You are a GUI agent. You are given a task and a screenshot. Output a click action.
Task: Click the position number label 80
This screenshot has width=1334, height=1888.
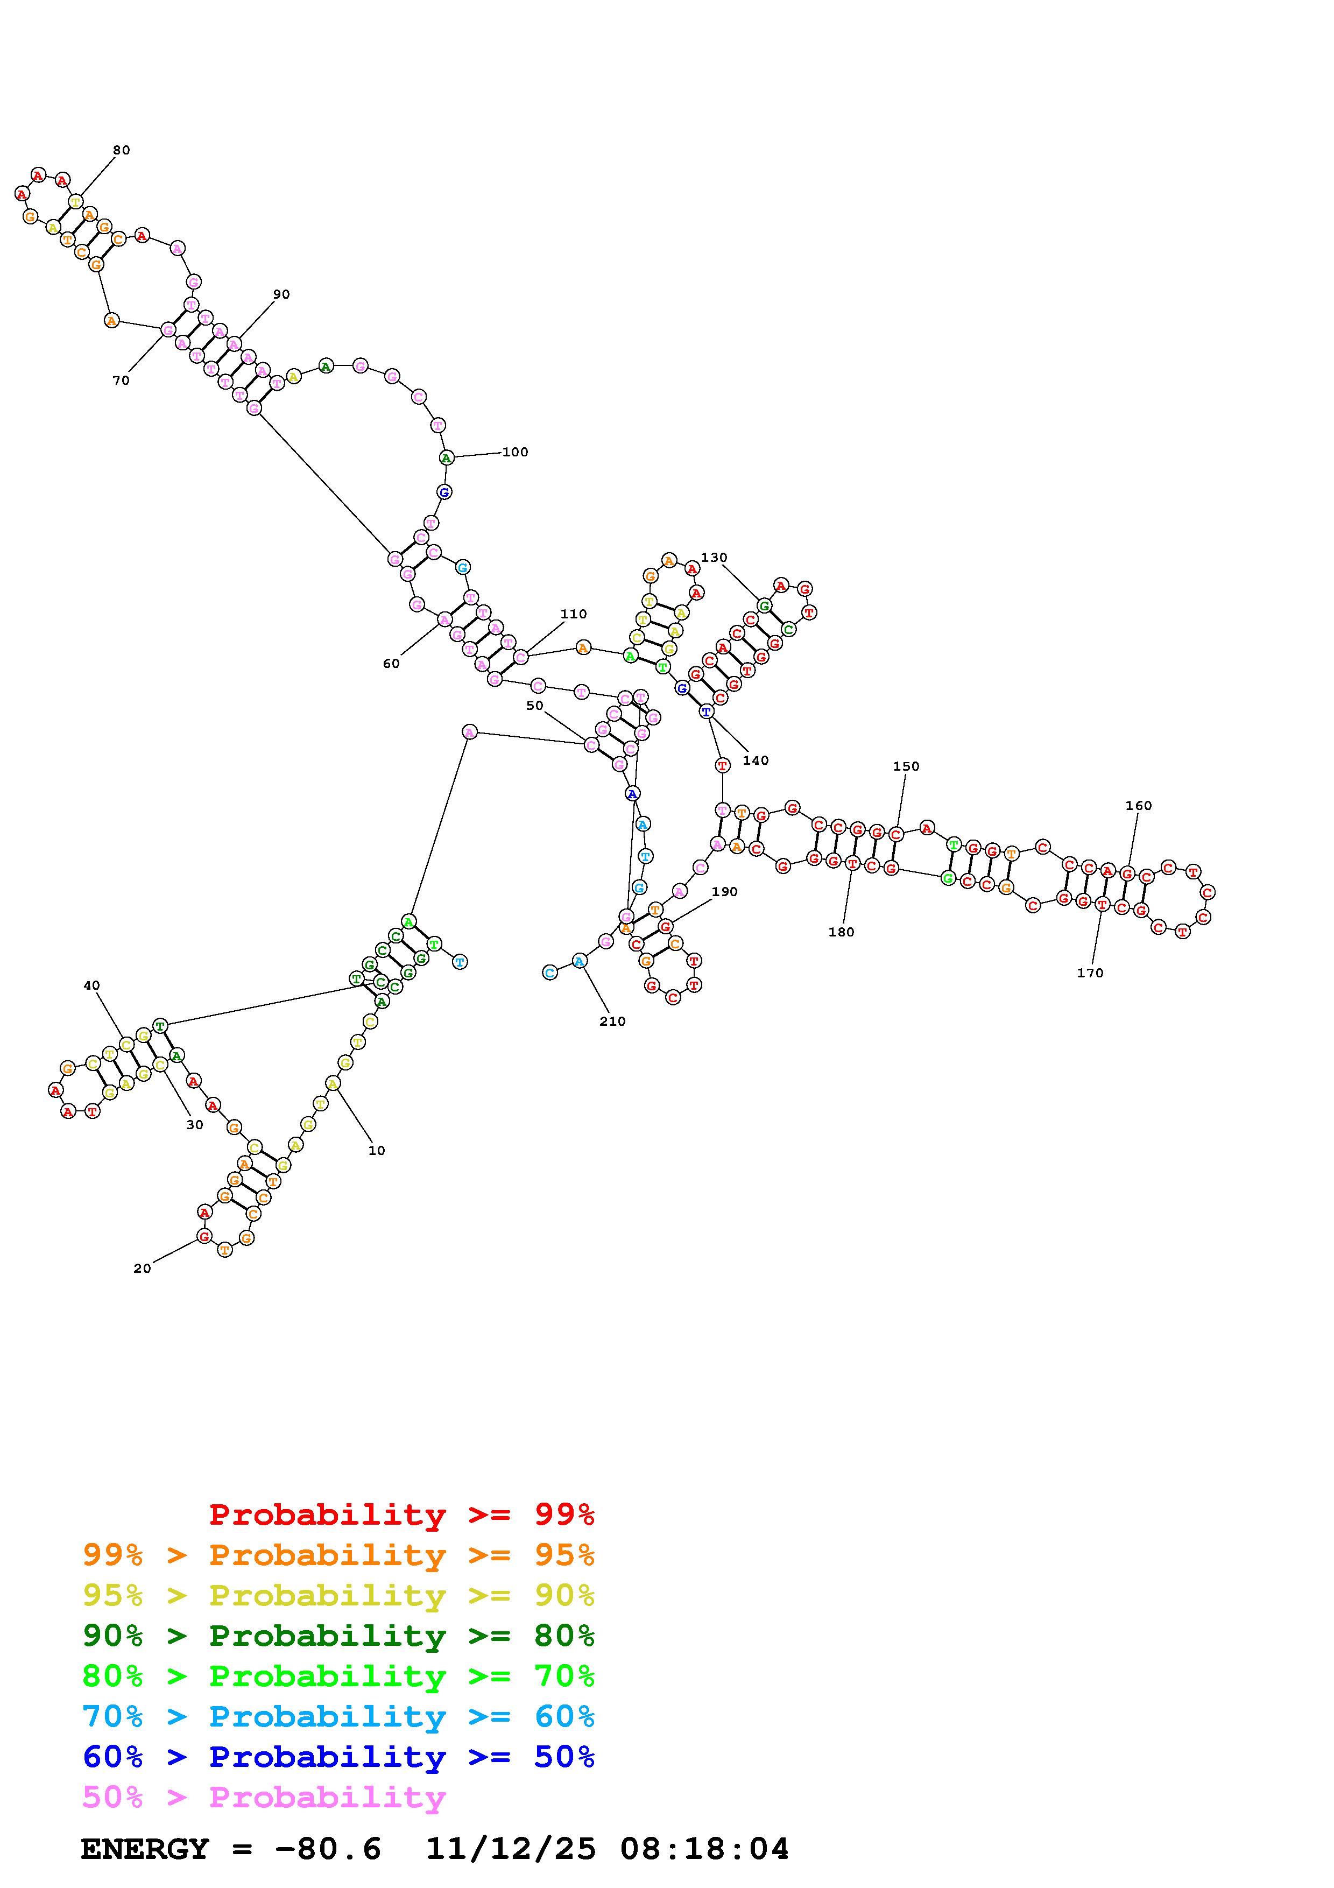click(122, 151)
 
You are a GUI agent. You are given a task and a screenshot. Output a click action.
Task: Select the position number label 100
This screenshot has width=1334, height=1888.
click(516, 452)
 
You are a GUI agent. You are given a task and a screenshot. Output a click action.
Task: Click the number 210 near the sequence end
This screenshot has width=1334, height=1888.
click(612, 1022)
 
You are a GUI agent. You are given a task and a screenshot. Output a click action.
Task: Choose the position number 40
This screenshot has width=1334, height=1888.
click(91, 985)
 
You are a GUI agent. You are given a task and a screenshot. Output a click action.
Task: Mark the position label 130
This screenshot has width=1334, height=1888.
click(714, 558)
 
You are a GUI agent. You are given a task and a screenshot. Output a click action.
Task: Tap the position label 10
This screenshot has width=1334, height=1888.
click(377, 1150)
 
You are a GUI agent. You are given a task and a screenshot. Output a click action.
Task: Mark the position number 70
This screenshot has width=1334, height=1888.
click(121, 381)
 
